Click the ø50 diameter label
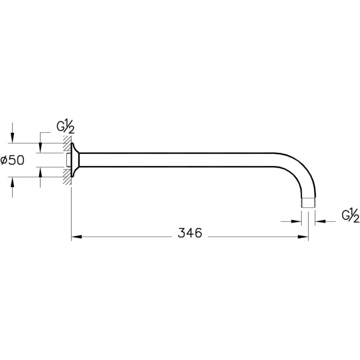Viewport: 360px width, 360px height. point(12,160)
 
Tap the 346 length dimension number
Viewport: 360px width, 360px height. point(190,233)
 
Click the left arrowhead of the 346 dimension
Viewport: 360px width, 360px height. point(77,237)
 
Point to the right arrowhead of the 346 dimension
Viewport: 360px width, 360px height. point(303,237)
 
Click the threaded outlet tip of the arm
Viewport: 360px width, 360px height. point(308,203)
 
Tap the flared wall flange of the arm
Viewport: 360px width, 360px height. point(75,160)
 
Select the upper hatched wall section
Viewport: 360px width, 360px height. point(67,144)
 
